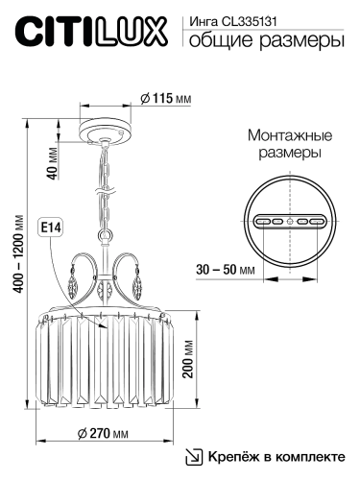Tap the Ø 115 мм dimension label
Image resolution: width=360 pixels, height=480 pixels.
tap(159, 98)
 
